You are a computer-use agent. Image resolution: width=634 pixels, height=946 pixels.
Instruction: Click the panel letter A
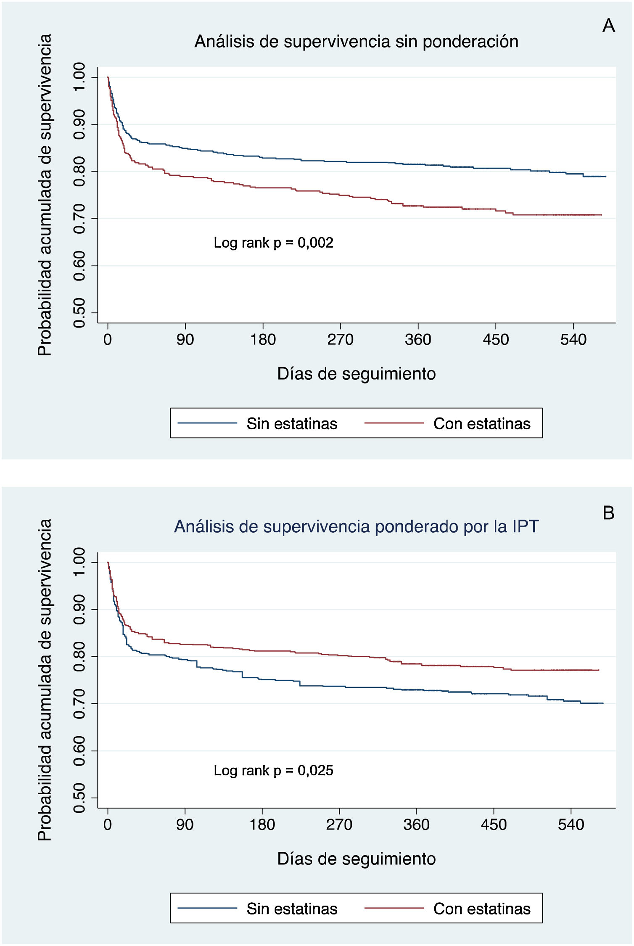point(608,26)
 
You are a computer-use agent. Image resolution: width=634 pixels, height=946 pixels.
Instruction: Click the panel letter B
point(608,513)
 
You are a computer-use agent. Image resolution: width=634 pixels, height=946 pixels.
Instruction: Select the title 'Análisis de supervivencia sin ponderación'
point(356,42)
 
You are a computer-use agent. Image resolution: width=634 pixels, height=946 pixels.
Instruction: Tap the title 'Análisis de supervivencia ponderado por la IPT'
point(356,526)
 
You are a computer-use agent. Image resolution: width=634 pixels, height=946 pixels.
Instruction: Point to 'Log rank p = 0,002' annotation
point(273,243)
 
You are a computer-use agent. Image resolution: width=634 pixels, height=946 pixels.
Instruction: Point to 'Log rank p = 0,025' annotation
point(273,770)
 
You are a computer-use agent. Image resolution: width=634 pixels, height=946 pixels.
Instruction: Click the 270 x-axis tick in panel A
point(340,339)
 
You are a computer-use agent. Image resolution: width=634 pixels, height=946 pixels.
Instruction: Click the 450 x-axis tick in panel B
point(494,824)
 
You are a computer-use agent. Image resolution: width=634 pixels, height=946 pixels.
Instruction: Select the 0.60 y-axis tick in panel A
point(79,266)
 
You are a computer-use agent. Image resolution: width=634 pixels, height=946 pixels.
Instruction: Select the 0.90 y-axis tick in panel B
point(79,609)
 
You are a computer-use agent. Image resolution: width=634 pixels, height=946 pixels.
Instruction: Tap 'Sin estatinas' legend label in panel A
point(292,423)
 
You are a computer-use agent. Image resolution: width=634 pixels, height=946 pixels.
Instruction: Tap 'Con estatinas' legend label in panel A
point(482,423)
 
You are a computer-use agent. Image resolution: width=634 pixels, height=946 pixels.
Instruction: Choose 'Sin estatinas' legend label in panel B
point(292,909)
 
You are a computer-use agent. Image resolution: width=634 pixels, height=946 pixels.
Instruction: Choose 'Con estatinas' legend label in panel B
point(482,909)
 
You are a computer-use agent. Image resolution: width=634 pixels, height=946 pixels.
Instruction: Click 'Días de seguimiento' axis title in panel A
point(356,374)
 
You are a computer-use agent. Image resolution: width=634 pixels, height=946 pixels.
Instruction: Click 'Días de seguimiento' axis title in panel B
point(356,859)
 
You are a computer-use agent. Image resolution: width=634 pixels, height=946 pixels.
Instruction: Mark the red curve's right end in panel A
point(601,215)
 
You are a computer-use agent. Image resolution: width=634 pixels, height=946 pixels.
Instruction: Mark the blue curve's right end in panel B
point(603,703)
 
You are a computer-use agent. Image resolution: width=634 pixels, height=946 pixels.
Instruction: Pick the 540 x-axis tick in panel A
point(573,339)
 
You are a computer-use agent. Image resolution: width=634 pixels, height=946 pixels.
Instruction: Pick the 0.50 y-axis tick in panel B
point(79,798)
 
